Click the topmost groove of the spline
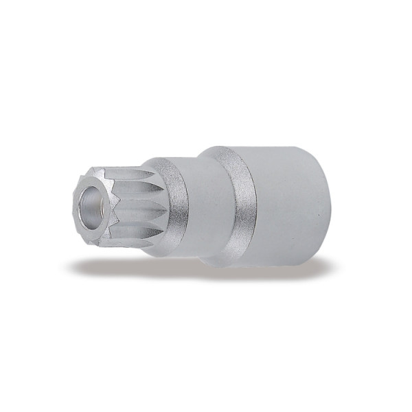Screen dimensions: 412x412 click(x=127, y=172)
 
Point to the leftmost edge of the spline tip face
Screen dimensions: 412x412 click(x=72, y=205)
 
